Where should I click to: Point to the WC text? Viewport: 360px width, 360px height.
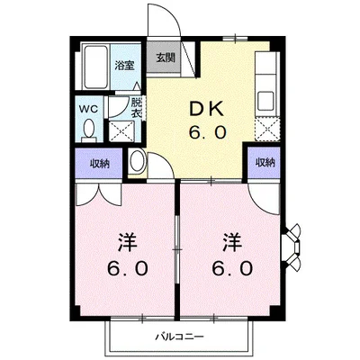(x=88, y=109)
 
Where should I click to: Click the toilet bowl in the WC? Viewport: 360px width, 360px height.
(x=88, y=129)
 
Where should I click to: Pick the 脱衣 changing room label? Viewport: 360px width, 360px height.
(x=137, y=108)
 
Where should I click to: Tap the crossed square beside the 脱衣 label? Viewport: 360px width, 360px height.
(x=120, y=130)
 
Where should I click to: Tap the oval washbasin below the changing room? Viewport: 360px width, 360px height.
(x=137, y=162)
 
